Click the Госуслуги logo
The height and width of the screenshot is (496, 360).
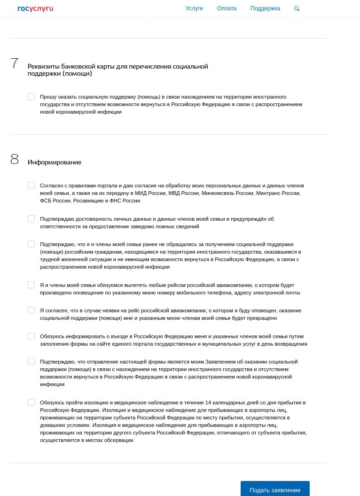(x=35, y=8)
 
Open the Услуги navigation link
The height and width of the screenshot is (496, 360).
(x=194, y=8)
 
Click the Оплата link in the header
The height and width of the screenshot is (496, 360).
(x=227, y=8)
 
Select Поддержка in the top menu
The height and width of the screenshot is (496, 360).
(x=265, y=8)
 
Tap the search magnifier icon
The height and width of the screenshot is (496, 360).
(x=297, y=8)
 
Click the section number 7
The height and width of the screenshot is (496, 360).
(x=15, y=63)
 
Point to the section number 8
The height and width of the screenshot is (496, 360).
(x=15, y=160)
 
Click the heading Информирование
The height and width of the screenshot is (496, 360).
(x=55, y=162)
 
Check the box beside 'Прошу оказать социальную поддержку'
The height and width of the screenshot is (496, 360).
(x=31, y=97)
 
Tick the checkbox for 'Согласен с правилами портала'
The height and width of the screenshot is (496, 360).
(x=31, y=186)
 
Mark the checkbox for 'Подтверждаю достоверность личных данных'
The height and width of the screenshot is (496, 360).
(x=31, y=219)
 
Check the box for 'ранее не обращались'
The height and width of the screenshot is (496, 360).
(x=31, y=244)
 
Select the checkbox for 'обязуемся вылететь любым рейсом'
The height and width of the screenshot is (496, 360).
(x=31, y=285)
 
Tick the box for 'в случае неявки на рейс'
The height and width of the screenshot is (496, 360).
(x=31, y=310)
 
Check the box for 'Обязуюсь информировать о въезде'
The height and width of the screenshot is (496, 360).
(x=31, y=336)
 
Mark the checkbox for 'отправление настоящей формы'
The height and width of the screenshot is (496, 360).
(x=31, y=362)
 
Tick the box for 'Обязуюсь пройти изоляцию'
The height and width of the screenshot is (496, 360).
(x=31, y=403)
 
